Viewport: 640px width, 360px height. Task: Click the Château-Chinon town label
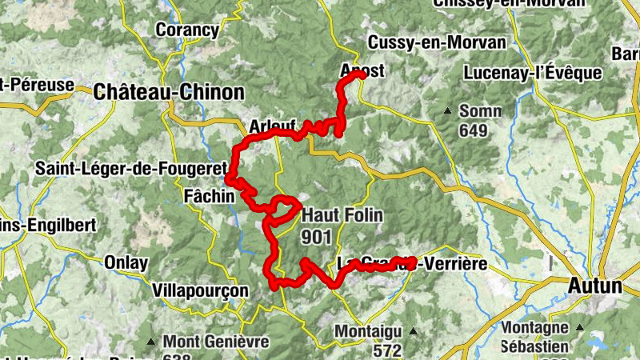coord(169,92)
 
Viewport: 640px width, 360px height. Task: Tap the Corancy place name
coord(187,30)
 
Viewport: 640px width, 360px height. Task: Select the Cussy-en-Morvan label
coord(437,42)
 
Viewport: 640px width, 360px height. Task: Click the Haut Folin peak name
coord(342,215)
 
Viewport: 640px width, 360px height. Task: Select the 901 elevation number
coord(317,236)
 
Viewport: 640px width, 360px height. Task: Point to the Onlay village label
coord(126,262)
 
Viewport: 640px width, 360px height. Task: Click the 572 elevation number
coord(387,350)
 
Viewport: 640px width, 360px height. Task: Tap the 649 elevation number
coord(473,130)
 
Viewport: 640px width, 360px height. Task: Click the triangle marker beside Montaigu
coord(414,330)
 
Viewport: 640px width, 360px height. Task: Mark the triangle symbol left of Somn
coord(448,110)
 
